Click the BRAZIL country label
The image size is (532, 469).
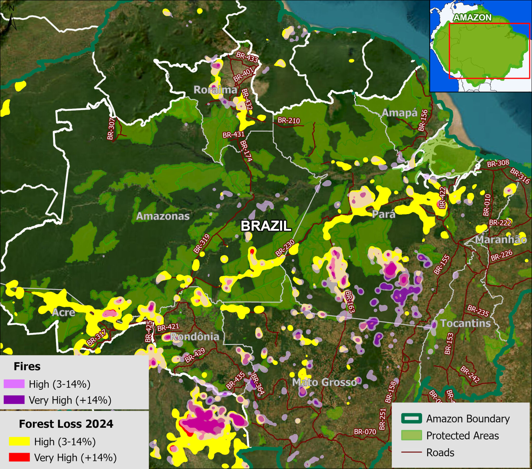click(266, 226)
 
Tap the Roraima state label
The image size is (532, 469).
click(215, 90)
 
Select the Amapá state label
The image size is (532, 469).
click(400, 113)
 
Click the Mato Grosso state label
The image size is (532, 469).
click(324, 382)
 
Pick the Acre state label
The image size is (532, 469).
click(63, 312)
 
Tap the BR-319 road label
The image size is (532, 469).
click(202, 244)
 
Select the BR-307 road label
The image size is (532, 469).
click(111, 129)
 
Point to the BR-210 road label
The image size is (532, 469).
click(289, 120)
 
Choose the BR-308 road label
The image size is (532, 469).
click(498, 164)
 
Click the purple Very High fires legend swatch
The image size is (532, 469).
click(14, 400)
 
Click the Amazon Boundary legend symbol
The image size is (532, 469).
click(411, 419)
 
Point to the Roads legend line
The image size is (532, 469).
click(411, 452)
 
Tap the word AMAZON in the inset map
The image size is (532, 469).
click(473, 17)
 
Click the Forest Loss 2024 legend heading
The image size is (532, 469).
click(66, 424)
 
